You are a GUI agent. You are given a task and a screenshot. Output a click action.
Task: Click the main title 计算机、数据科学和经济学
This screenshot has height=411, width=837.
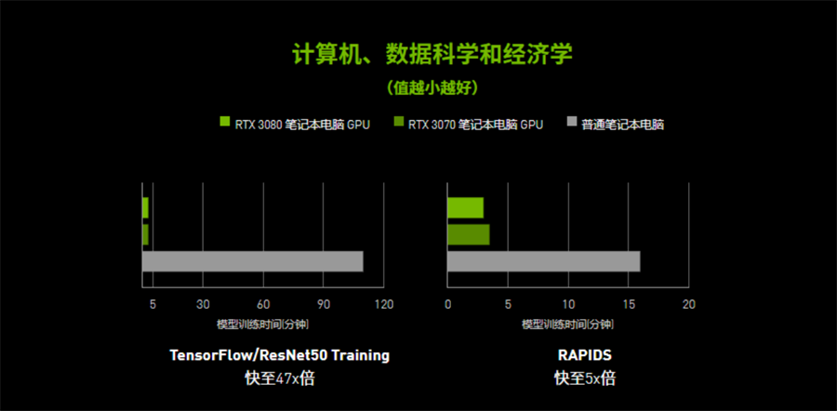[x=432, y=55]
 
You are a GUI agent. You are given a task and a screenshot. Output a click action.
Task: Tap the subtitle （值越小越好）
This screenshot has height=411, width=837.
[x=432, y=87]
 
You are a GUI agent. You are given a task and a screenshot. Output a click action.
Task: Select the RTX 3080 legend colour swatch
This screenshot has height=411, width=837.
[x=225, y=122]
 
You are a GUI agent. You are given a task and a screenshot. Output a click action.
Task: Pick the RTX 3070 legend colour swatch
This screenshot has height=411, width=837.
[x=398, y=122]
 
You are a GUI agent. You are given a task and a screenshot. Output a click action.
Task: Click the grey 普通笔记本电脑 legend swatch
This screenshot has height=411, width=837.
[x=571, y=122]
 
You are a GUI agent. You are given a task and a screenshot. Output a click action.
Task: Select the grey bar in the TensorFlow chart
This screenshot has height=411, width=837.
[x=252, y=261]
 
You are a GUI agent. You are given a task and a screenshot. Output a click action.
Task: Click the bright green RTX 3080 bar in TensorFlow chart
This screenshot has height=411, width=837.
[x=145, y=207]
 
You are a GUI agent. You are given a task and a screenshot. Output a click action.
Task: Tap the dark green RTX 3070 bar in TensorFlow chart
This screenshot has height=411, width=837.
[x=145, y=234]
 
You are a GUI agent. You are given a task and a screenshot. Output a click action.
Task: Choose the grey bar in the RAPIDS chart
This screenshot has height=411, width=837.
[x=543, y=261]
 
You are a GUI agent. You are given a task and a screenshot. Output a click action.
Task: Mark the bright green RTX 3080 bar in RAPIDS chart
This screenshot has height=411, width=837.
[x=466, y=207]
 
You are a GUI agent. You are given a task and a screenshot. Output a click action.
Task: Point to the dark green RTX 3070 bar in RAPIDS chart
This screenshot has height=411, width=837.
[x=468, y=234]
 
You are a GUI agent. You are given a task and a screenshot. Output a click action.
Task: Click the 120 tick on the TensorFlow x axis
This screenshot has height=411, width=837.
[x=384, y=304]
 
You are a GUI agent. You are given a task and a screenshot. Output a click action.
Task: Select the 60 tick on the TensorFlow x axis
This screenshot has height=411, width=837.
[x=263, y=304]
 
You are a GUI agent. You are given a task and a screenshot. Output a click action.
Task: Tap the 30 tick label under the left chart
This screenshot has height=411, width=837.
[x=203, y=304]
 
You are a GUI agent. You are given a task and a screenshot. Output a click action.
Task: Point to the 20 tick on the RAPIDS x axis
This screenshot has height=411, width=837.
[x=689, y=304]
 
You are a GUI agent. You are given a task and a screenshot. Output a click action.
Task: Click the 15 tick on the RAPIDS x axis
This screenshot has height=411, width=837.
[x=629, y=304]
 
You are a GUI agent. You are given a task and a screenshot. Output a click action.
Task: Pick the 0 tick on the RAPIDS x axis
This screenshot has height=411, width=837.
[x=448, y=304]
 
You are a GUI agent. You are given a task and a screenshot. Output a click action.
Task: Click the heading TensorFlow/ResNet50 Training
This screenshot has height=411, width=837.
[x=280, y=355]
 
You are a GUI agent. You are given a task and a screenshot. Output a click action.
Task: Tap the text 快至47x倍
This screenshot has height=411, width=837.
[x=280, y=379]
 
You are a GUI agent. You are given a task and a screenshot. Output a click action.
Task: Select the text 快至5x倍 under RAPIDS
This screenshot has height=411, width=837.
[x=585, y=379]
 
